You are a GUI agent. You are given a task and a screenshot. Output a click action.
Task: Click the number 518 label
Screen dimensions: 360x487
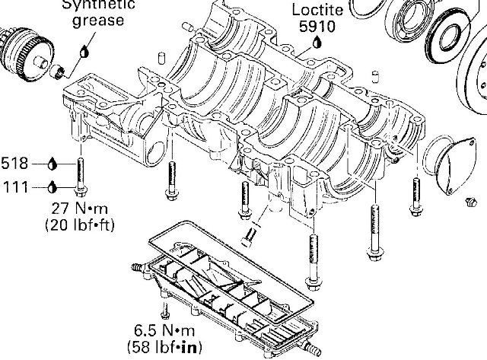coord(14,163)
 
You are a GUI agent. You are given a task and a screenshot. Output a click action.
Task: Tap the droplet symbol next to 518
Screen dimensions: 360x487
coord(52,163)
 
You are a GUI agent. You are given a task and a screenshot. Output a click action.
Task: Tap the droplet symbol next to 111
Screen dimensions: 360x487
coord(52,185)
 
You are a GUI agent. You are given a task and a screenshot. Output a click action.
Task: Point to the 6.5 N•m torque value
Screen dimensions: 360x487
coord(163,333)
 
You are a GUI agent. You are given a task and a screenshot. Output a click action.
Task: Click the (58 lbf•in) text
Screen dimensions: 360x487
coord(163,348)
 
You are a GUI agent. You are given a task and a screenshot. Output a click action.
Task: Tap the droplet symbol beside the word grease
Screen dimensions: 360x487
coord(84,53)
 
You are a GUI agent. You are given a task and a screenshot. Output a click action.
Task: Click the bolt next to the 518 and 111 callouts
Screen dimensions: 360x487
coord(80,175)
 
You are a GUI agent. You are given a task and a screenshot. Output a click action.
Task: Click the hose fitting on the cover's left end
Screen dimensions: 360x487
coord(136,269)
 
